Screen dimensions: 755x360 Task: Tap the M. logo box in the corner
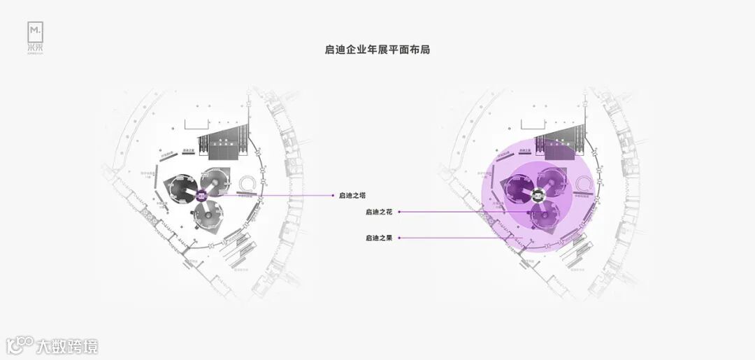click(36, 31)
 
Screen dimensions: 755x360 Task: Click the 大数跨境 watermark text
click(67, 346)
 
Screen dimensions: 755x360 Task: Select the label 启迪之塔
click(352, 196)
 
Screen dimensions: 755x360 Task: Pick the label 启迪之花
click(378, 211)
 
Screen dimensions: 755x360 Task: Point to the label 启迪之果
click(378, 238)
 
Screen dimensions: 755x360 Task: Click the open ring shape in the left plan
click(247, 185)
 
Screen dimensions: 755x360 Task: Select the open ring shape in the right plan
click(583, 185)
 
